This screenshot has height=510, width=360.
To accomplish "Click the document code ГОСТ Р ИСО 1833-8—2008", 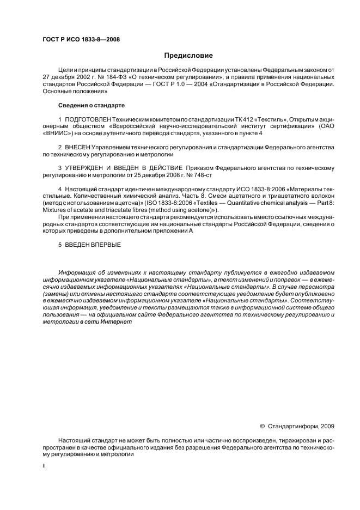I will [81, 39].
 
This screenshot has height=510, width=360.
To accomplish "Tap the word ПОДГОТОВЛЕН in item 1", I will [88, 119].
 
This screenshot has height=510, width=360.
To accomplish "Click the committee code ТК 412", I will [239, 119].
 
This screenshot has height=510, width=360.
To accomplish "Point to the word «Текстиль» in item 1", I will [269, 119].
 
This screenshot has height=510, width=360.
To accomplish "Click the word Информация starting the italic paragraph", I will [79, 272].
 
